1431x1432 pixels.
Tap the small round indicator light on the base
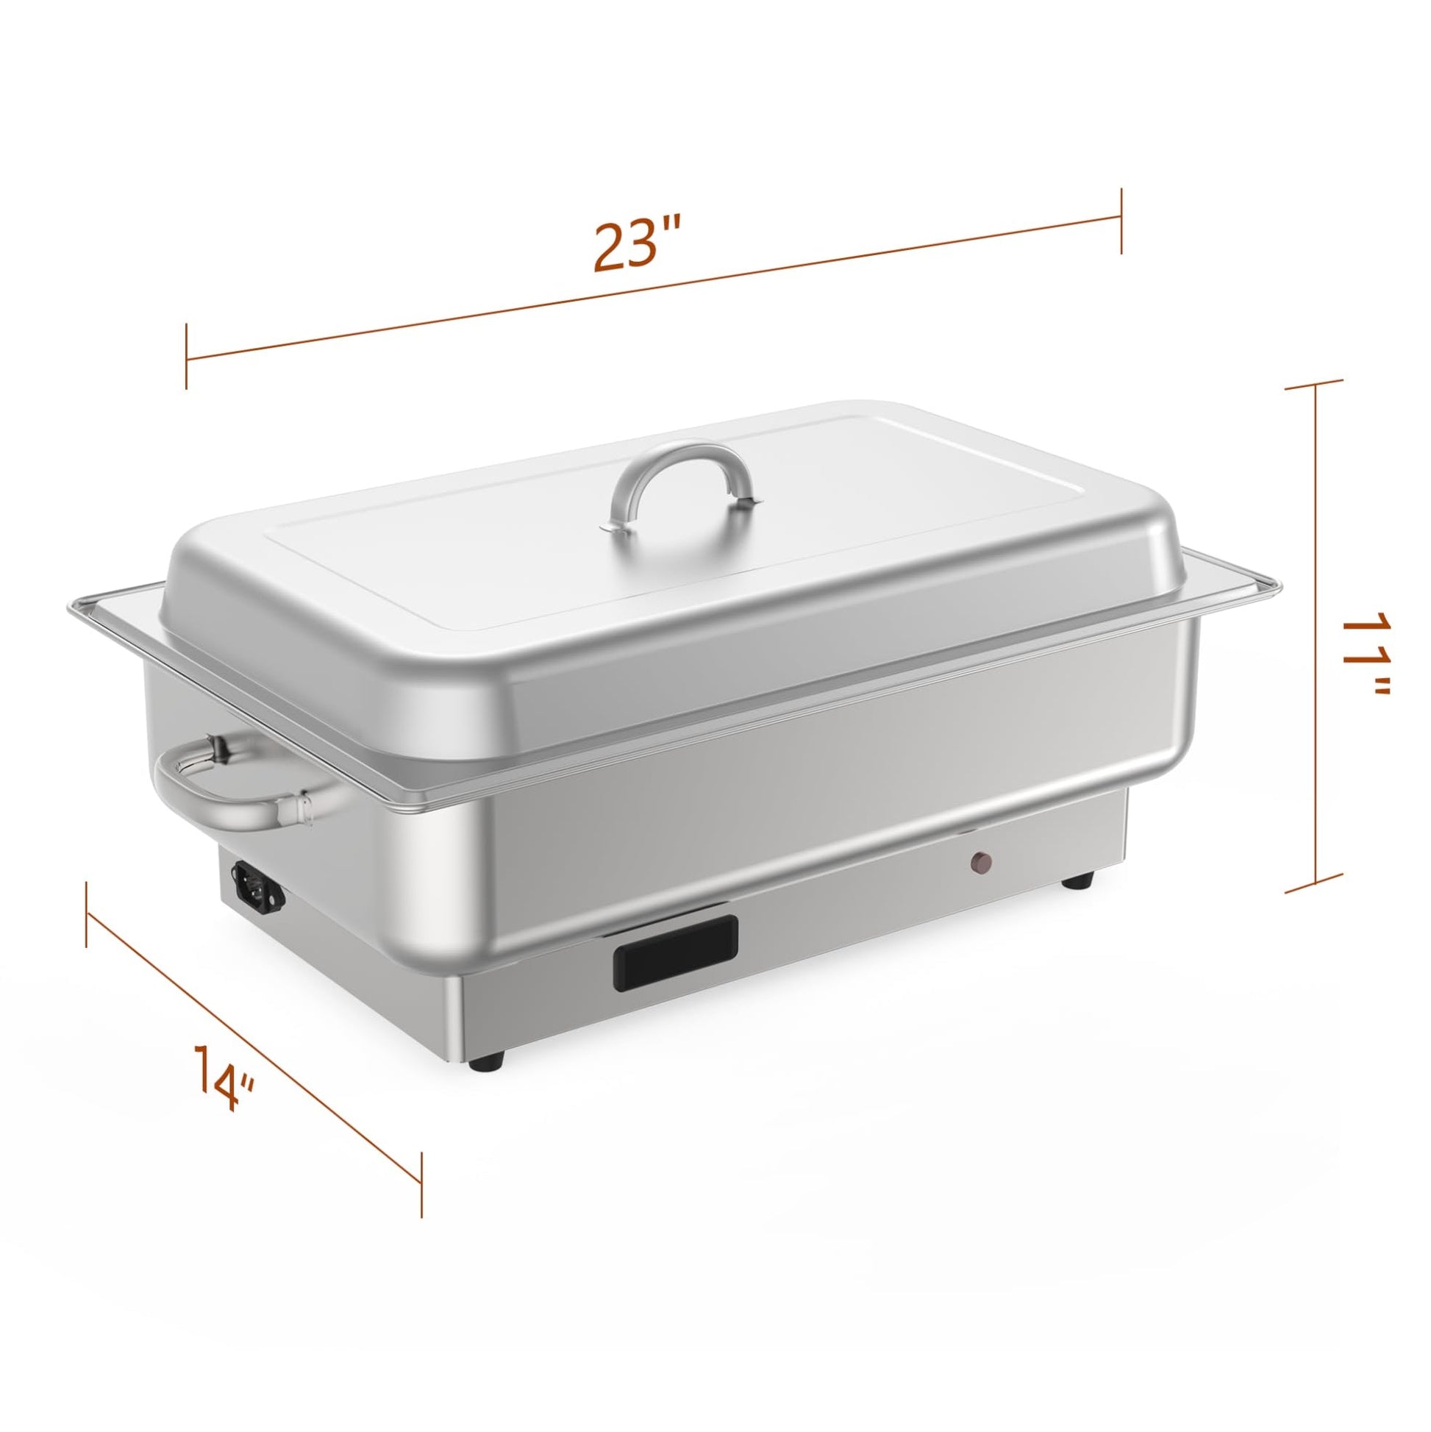pos(981,861)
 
